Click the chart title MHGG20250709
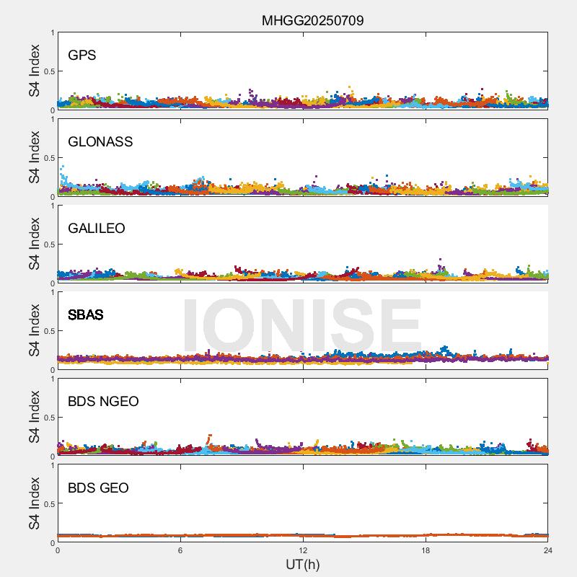tap(312, 20)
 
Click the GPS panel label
tap(82, 56)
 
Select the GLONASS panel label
tap(100, 142)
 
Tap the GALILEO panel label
tap(97, 229)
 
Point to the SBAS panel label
tap(85, 315)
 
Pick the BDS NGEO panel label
tap(103, 402)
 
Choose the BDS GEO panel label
tap(98, 488)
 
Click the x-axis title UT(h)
tap(302, 564)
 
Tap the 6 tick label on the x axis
tap(180, 550)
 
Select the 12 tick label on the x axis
tap(303, 550)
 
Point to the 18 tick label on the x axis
tap(426, 550)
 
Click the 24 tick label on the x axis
tap(547, 550)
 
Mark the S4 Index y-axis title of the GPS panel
tap(35, 71)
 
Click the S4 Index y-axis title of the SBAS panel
tap(35, 330)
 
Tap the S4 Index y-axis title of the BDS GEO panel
tap(35, 503)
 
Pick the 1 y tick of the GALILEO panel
tap(52, 206)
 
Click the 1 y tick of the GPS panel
tap(52, 33)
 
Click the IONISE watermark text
tap(301, 326)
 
